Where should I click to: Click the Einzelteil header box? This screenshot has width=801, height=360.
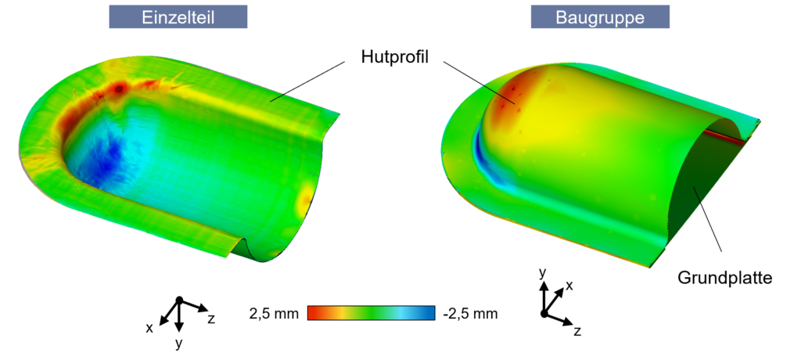pyautogui.click(x=178, y=17)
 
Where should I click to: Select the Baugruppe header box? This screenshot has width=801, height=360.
pyautogui.click(x=600, y=17)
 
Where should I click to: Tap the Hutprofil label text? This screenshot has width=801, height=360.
pyautogui.click(x=394, y=57)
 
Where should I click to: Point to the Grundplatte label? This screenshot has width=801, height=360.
pyautogui.click(x=724, y=278)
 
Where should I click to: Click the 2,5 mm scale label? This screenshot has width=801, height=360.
pyautogui.click(x=273, y=314)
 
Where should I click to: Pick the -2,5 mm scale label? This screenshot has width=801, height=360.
pyautogui.click(x=470, y=314)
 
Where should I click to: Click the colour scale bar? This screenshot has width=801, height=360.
pyautogui.click(x=372, y=313)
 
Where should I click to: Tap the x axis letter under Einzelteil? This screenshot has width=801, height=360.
pyautogui.click(x=149, y=328)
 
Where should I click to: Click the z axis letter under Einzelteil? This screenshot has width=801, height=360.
pyautogui.click(x=211, y=319)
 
